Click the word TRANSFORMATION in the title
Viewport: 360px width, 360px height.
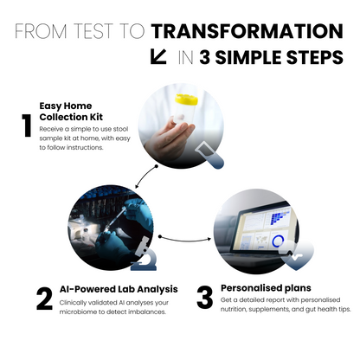coord(247,32)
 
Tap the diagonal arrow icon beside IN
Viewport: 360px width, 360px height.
coord(158,57)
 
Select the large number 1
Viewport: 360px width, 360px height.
coord(26,127)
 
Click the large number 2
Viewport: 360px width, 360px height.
coord(44,299)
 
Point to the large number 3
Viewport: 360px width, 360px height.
coord(204,299)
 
